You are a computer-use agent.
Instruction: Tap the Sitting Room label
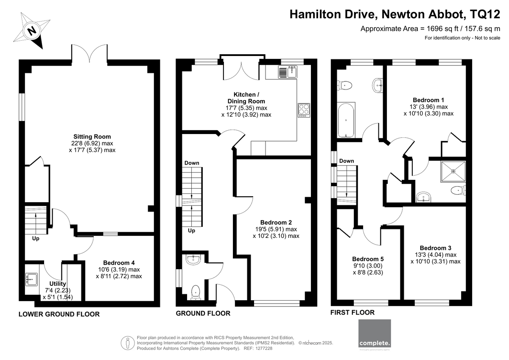click(92, 137)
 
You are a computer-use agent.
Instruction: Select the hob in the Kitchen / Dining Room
click(304, 110)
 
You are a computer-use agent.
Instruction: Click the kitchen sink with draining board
click(288, 72)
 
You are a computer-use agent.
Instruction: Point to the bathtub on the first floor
click(346, 120)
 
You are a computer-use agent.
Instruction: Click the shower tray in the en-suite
click(453, 171)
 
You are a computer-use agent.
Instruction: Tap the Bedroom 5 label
click(368, 259)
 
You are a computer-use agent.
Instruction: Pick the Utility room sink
click(31, 279)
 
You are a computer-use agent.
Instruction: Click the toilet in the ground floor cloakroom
click(196, 293)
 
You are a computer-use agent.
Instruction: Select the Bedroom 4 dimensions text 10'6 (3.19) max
click(119, 270)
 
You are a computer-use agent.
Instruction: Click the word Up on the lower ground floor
click(36, 239)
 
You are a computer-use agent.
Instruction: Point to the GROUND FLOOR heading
click(203, 313)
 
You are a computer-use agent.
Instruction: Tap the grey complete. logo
click(375, 333)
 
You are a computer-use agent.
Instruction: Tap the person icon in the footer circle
click(128, 343)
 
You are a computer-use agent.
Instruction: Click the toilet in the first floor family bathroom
click(344, 86)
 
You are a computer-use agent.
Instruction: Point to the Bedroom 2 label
click(276, 222)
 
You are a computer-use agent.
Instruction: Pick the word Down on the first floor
click(347, 161)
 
